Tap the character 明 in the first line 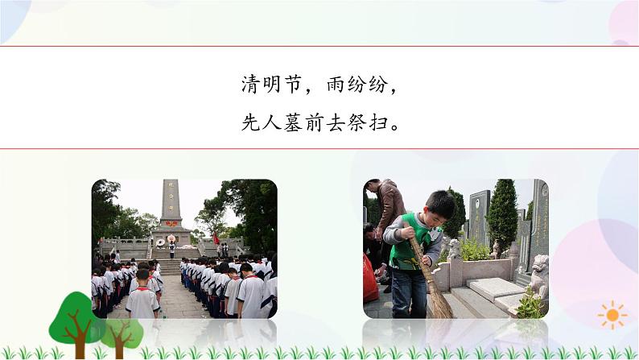point(278,85)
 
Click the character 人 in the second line point(277,123)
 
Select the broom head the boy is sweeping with point(438,301)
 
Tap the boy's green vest point(404,246)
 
